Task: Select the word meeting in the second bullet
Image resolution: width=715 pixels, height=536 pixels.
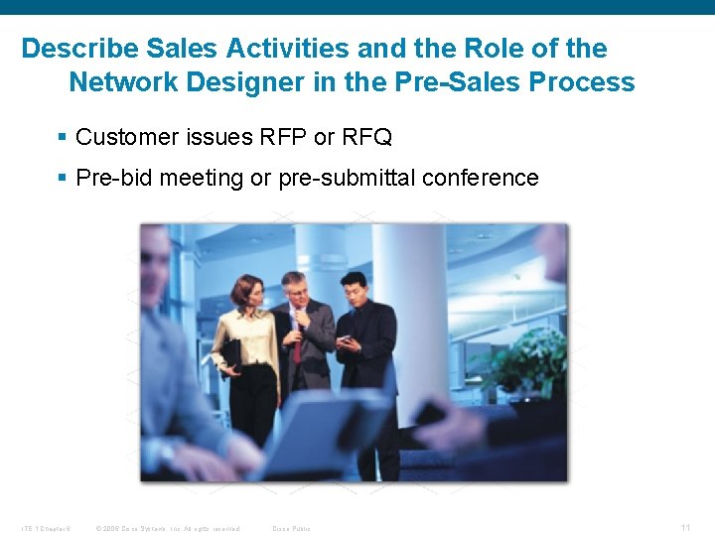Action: (202, 179)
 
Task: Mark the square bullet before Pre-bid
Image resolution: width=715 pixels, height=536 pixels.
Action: (63, 179)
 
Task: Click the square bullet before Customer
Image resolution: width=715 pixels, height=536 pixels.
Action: (63, 137)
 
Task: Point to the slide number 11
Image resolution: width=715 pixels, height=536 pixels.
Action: (685, 527)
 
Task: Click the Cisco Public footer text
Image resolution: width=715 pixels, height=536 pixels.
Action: (291, 528)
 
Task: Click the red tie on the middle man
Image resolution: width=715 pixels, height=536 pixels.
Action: (296, 337)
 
